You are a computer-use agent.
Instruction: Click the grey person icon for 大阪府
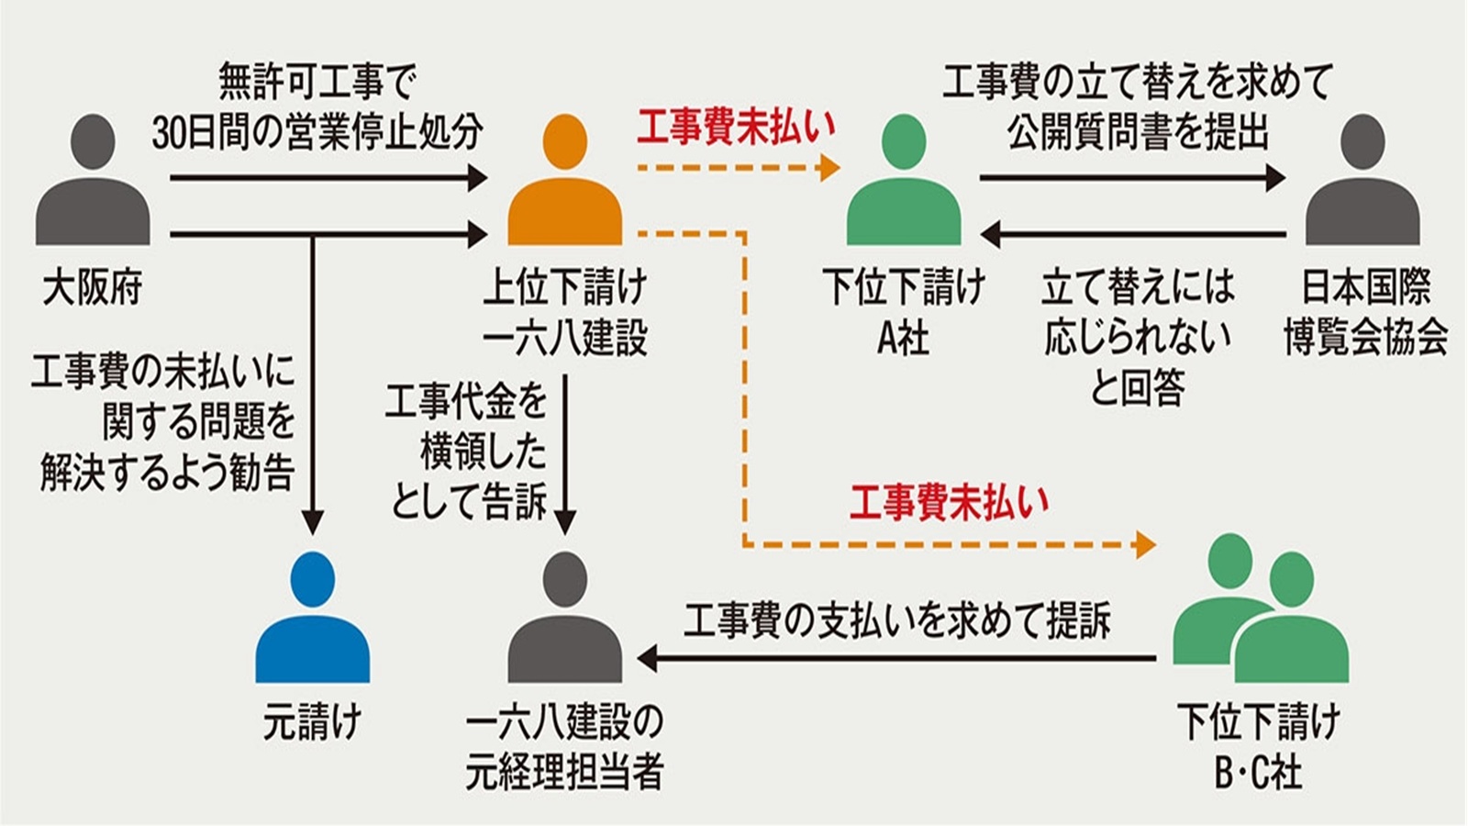pyautogui.click(x=93, y=184)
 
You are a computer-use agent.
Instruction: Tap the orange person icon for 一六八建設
pyautogui.click(x=564, y=184)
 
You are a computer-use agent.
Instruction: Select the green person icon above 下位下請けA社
pyautogui.click(x=903, y=184)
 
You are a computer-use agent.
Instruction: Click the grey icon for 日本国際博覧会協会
pyautogui.click(x=1362, y=184)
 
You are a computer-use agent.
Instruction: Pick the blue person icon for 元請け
pyautogui.click(x=312, y=619)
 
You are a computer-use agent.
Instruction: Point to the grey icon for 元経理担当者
pyautogui.click(x=564, y=619)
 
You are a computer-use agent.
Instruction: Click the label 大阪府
pyautogui.click(x=93, y=288)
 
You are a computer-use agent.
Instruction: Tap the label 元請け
pyautogui.click(x=312, y=723)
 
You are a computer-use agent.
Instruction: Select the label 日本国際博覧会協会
pyautogui.click(x=1364, y=313)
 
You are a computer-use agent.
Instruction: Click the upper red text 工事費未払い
pyautogui.click(x=737, y=128)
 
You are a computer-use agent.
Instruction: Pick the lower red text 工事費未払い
pyautogui.click(x=949, y=502)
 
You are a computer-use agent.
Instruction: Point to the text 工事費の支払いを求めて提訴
pyautogui.click(x=896, y=621)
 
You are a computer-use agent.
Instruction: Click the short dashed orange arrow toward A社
pyautogui.click(x=739, y=168)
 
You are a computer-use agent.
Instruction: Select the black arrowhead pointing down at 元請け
pyautogui.click(x=313, y=523)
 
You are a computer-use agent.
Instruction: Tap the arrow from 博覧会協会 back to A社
pyautogui.click(x=1133, y=235)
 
